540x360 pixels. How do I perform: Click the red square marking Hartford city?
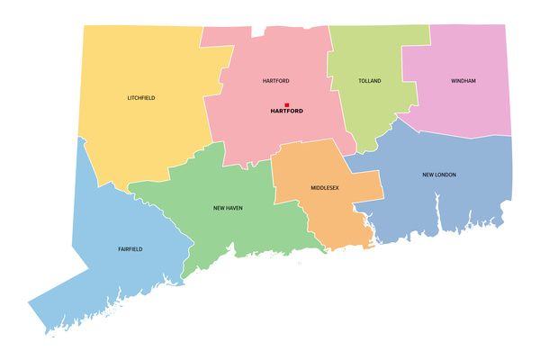click(x=287, y=104)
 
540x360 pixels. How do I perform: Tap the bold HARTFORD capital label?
click(x=287, y=112)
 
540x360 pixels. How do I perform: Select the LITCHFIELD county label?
click(x=141, y=97)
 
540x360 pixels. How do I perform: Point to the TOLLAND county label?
click(x=370, y=81)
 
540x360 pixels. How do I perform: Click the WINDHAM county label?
click(x=463, y=81)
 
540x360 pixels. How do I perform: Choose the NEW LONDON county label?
click(x=439, y=174)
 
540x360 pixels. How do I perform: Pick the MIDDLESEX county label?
click(x=325, y=189)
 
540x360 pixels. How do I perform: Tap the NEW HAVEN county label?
click(x=228, y=208)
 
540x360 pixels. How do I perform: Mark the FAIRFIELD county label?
click(x=130, y=248)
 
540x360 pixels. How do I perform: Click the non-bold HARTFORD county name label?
click(x=275, y=81)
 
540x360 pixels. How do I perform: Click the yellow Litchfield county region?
click(x=135, y=135)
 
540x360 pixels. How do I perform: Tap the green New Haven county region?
click(x=225, y=234)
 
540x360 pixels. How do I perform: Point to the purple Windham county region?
click(x=468, y=108)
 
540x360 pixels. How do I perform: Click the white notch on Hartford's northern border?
click(x=259, y=32)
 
